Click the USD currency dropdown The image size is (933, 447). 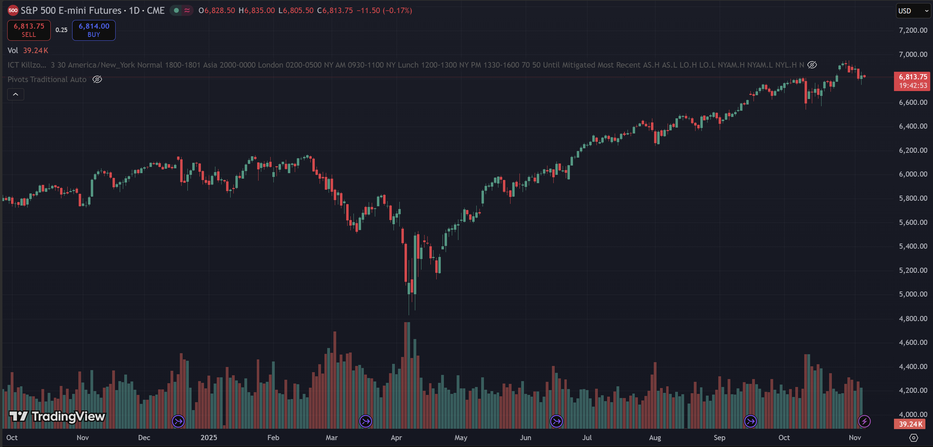(912, 11)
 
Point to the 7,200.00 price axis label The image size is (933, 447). (913, 30)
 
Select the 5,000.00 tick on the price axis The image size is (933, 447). (913, 294)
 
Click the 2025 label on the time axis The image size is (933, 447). (208, 438)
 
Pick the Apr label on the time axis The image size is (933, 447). (396, 438)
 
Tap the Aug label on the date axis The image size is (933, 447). (655, 438)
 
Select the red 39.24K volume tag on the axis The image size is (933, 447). (910, 424)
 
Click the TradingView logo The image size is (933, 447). (57, 417)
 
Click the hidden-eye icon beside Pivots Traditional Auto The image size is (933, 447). (97, 79)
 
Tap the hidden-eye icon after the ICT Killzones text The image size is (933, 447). (812, 65)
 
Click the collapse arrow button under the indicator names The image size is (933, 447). (16, 95)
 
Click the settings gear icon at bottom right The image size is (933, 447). (914, 438)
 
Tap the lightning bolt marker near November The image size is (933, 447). (864, 421)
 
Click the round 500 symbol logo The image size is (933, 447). (13, 10)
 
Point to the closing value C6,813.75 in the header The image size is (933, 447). (335, 10)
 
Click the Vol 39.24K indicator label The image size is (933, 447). (28, 51)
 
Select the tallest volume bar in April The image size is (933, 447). (407, 375)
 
